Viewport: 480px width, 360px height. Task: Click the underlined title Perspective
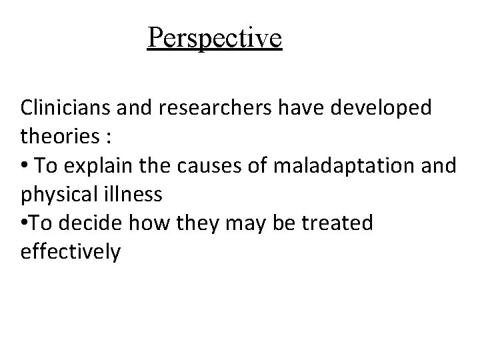click(215, 38)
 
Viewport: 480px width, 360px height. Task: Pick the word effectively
click(71, 253)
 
